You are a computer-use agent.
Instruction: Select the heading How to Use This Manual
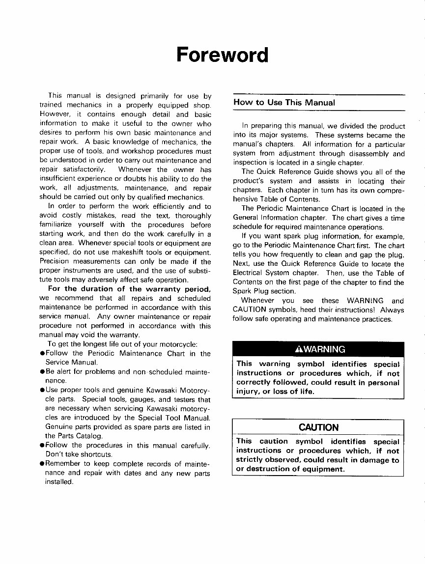pos(284,103)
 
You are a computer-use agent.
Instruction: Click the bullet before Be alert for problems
pos(42,372)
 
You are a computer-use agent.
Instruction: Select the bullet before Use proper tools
pos(42,390)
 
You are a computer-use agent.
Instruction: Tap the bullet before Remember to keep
pos(42,464)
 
